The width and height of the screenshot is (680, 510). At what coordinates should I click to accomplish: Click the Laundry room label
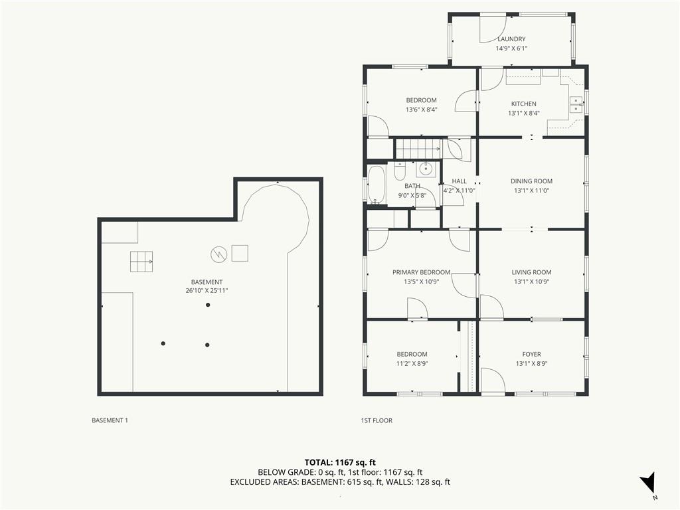tap(512, 39)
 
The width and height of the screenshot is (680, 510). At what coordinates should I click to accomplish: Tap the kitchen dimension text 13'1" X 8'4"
tap(524, 113)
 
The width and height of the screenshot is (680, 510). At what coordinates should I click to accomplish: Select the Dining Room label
tap(531, 181)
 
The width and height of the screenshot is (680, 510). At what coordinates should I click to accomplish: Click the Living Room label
tap(531, 272)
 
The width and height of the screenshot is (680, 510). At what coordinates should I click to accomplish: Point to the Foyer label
tap(531, 355)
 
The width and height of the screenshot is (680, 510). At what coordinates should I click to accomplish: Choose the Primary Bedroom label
tap(421, 272)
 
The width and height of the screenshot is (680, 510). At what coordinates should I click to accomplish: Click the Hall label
tap(460, 181)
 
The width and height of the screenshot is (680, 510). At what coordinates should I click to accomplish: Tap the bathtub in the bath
tap(376, 185)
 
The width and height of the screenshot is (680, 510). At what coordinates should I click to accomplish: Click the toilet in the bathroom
tap(399, 171)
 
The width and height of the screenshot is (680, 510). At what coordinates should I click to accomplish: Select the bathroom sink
tap(426, 168)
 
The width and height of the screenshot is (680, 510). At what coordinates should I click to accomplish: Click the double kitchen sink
tap(576, 104)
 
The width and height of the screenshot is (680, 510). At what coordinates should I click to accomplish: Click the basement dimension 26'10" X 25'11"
tap(207, 291)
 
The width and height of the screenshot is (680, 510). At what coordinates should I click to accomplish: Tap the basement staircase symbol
tap(141, 262)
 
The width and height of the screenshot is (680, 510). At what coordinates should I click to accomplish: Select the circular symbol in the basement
tap(219, 254)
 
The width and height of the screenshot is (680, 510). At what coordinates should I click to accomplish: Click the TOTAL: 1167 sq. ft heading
tap(340, 462)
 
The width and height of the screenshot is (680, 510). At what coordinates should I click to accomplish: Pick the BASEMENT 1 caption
tap(110, 420)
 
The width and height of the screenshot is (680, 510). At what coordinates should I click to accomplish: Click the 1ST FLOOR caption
tap(377, 420)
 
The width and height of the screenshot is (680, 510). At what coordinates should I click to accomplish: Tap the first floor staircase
tap(418, 149)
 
